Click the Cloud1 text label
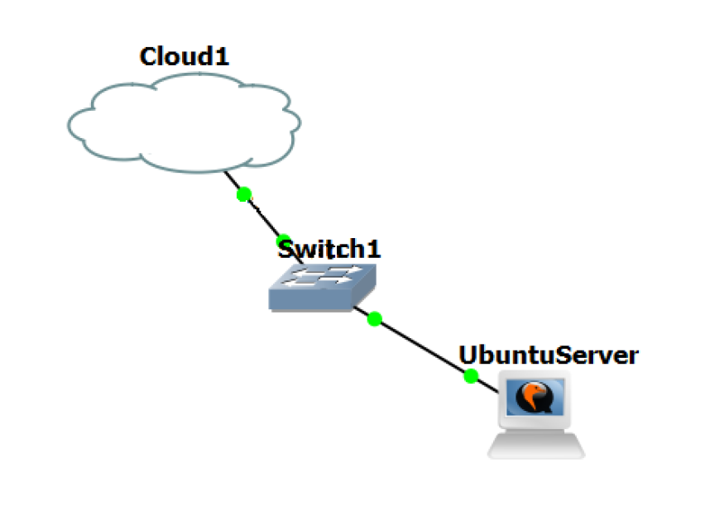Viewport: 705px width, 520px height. (x=184, y=56)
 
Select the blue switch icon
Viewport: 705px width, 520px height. (x=323, y=285)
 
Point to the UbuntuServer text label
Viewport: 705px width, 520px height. (x=549, y=355)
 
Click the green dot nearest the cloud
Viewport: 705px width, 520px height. (x=243, y=194)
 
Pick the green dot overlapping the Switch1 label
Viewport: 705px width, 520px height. (x=283, y=241)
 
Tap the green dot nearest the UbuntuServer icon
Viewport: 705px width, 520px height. (x=471, y=376)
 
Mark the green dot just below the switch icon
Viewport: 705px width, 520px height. (x=374, y=318)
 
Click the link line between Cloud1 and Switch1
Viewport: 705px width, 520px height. (x=263, y=217)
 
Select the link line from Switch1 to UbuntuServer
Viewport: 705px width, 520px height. (x=422, y=347)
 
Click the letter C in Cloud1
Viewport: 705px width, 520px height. (x=149, y=56)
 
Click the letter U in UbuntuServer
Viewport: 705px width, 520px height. (x=468, y=355)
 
